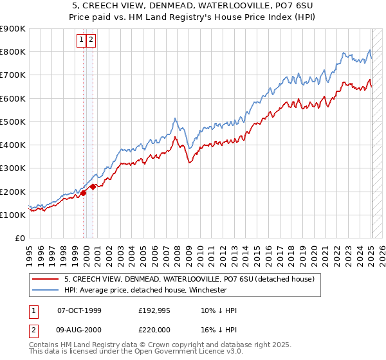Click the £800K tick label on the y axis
[12, 52]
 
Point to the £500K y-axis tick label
[12, 122]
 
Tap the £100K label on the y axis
[12, 215]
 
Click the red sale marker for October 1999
[84, 192]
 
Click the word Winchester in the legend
[206, 290]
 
